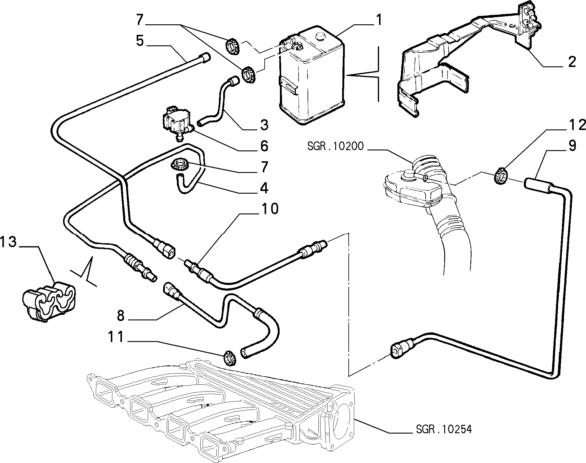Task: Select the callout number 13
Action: coord(8,242)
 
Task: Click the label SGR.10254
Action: coord(444,429)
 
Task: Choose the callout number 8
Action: coord(120,315)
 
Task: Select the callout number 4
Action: coord(264,188)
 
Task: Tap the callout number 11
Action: coord(116,337)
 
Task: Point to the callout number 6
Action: coord(264,146)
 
